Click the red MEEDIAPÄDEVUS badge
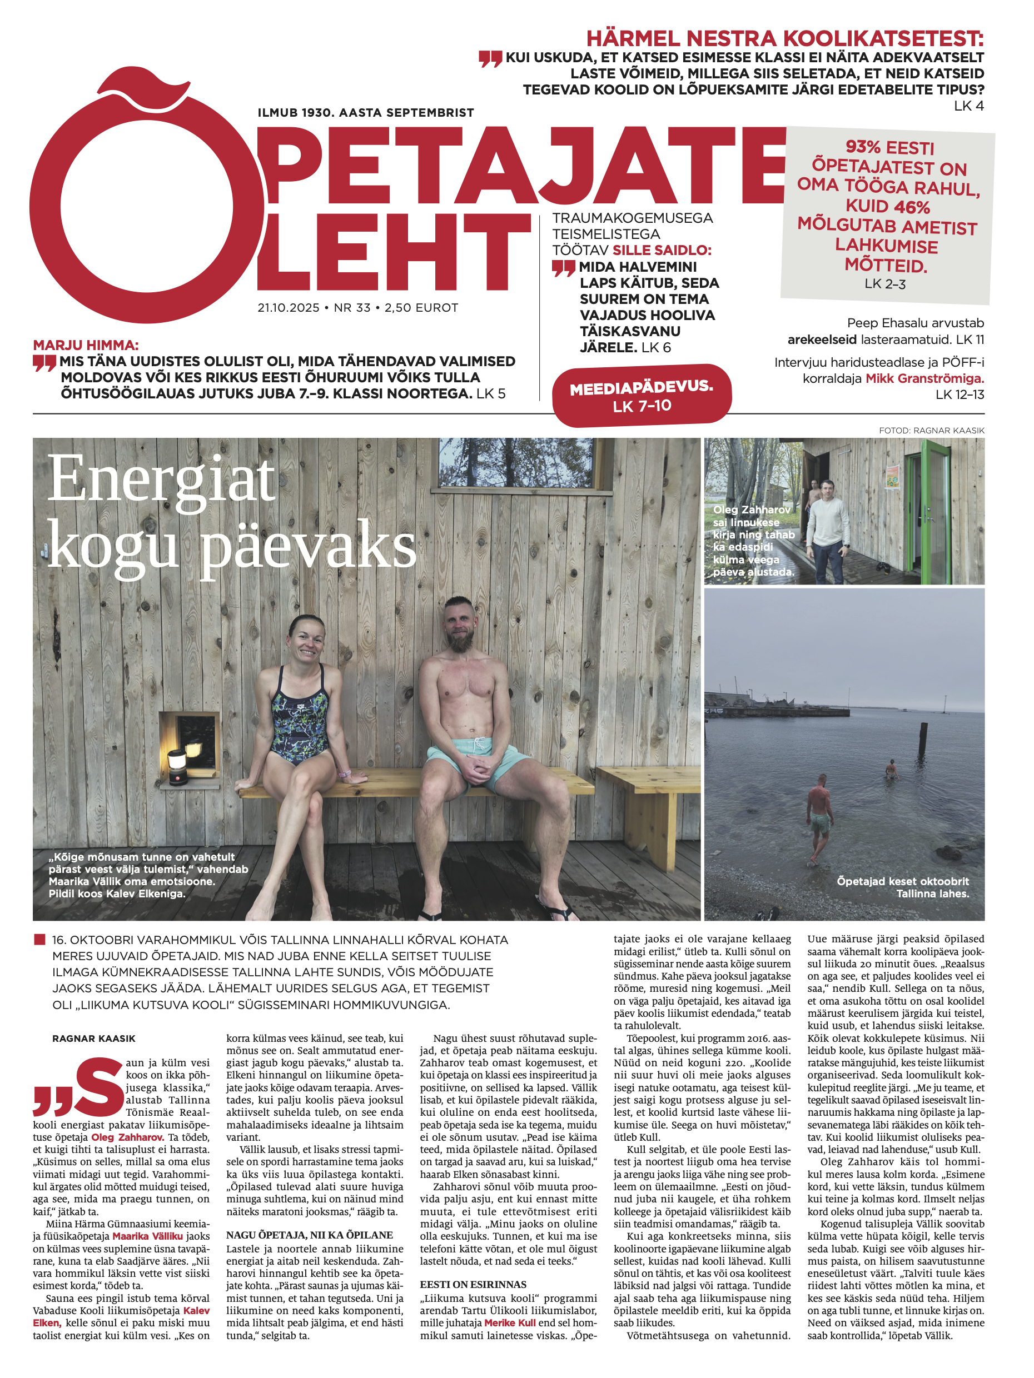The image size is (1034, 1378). point(642,396)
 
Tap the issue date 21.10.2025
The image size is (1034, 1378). point(288,308)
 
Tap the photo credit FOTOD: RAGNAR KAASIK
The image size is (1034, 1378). point(931,431)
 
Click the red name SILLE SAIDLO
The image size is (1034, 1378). point(662,251)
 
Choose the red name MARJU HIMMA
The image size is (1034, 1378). point(86,345)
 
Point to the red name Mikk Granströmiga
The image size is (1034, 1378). point(924,378)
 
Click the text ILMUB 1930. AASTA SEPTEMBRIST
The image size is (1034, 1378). point(365,113)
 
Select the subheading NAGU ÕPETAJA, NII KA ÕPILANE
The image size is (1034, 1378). point(309,1235)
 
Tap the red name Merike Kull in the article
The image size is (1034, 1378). point(509,1322)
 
